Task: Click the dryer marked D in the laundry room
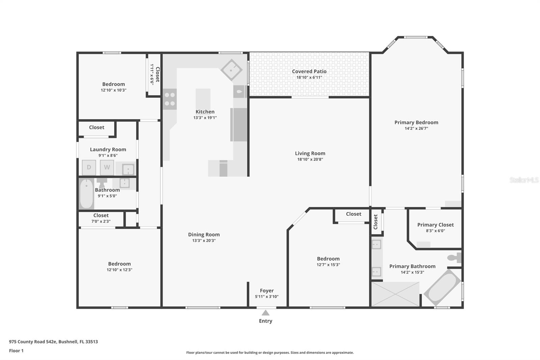coord(89,167)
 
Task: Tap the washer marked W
coord(107,167)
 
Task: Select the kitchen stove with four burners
coord(169,99)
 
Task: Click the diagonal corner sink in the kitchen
coord(232,70)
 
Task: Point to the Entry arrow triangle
coord(265,313)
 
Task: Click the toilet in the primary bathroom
coord(454,258)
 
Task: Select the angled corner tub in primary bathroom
coord(442,287)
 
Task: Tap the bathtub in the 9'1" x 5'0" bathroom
coord(86,194)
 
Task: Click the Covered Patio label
coord(309,71)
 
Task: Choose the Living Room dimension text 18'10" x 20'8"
coord(310,159)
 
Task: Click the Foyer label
coord(267,290)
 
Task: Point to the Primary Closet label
coord(435,225)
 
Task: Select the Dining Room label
coord(204,234)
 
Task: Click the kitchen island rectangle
coord(203,99)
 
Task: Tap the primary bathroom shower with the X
coord(395,294)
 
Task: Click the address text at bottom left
coord(54,342)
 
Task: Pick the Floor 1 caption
coord(16,351)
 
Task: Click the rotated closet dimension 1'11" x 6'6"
coord(152,74)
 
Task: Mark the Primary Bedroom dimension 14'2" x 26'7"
coord(416,128)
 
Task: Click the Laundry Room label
coord(108,150)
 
